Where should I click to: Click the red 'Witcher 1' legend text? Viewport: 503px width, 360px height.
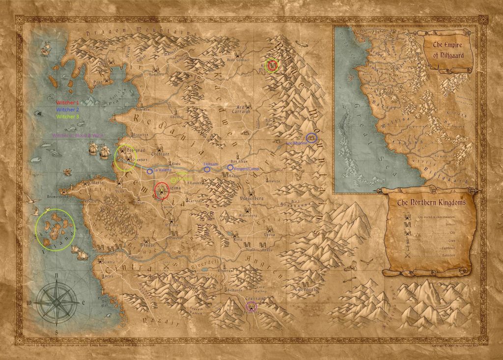[67, 102]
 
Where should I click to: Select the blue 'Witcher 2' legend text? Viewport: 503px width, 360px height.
[67, 109]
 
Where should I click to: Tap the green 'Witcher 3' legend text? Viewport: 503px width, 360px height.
[67, 117]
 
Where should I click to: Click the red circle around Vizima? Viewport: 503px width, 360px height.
[162, 191]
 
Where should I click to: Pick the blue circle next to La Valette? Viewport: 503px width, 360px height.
[149, 170]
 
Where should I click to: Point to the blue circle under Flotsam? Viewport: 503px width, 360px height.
[207, 169]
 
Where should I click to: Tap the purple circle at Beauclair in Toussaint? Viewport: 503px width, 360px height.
[251, 306]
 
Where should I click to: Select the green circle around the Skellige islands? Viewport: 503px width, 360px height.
[55, 229]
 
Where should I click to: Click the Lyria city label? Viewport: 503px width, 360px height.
[269, 235]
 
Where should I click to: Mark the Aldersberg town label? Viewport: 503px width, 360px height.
[247, 216]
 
